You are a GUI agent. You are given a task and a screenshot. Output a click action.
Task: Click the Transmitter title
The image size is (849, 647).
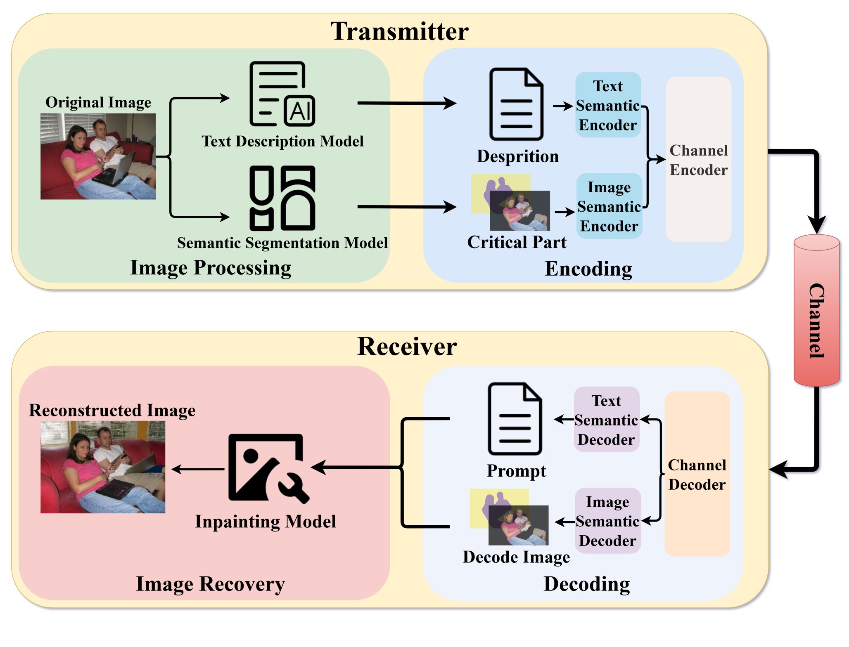pyautogui.click(x=399, y=31)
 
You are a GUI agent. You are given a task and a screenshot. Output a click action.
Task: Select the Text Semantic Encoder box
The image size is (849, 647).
pyautogui.click(x=608, y=105)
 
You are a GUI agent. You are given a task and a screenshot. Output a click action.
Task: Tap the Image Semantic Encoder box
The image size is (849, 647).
pyautogui.click(x=609, y=206)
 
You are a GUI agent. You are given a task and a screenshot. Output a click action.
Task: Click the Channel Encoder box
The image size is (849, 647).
pyautogui.click(x=698, y=160)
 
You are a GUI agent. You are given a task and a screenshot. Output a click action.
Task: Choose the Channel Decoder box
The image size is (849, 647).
pyautogui.click(x=697, y=475)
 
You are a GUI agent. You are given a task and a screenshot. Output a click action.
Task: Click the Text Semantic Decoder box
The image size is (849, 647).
pyautogui.click(x=606, y=420)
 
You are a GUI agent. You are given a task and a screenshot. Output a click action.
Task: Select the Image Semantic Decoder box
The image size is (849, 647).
pyautogui.click(x=607, y=521)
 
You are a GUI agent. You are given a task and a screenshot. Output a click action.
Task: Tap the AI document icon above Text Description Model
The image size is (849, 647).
pyautogui.click(x=282, y=94)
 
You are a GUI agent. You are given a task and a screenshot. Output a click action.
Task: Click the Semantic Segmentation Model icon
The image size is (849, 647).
pyautogui.click(x=282, y=198)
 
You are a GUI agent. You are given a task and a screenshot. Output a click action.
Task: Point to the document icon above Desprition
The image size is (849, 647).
pyautogui.click(x=516, y=104)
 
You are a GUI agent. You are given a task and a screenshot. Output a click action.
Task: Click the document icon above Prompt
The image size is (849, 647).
pyautogui.click(x=515, y=419)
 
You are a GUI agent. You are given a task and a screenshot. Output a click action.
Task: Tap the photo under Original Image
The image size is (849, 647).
pyautogui.click(x=98, y=157)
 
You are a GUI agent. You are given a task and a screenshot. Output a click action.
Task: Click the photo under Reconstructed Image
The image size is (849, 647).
pyautogui.click(x=103, y=467)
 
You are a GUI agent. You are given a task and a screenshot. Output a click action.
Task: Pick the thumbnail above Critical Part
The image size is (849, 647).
pyautogui.click(x=511, y=202)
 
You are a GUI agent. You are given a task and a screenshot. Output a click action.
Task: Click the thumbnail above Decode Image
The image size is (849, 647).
pyautogui.click(x=509, y=517)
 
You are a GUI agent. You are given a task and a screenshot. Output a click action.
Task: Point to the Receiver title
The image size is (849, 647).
pyautogui.click(x=407, y=346)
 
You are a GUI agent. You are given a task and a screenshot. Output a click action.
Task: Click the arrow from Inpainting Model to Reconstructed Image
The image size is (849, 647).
pyautogui.click(x=198, y=469)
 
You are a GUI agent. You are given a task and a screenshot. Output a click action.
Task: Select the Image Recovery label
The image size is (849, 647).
pyautogui.click(x=210, y=584)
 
